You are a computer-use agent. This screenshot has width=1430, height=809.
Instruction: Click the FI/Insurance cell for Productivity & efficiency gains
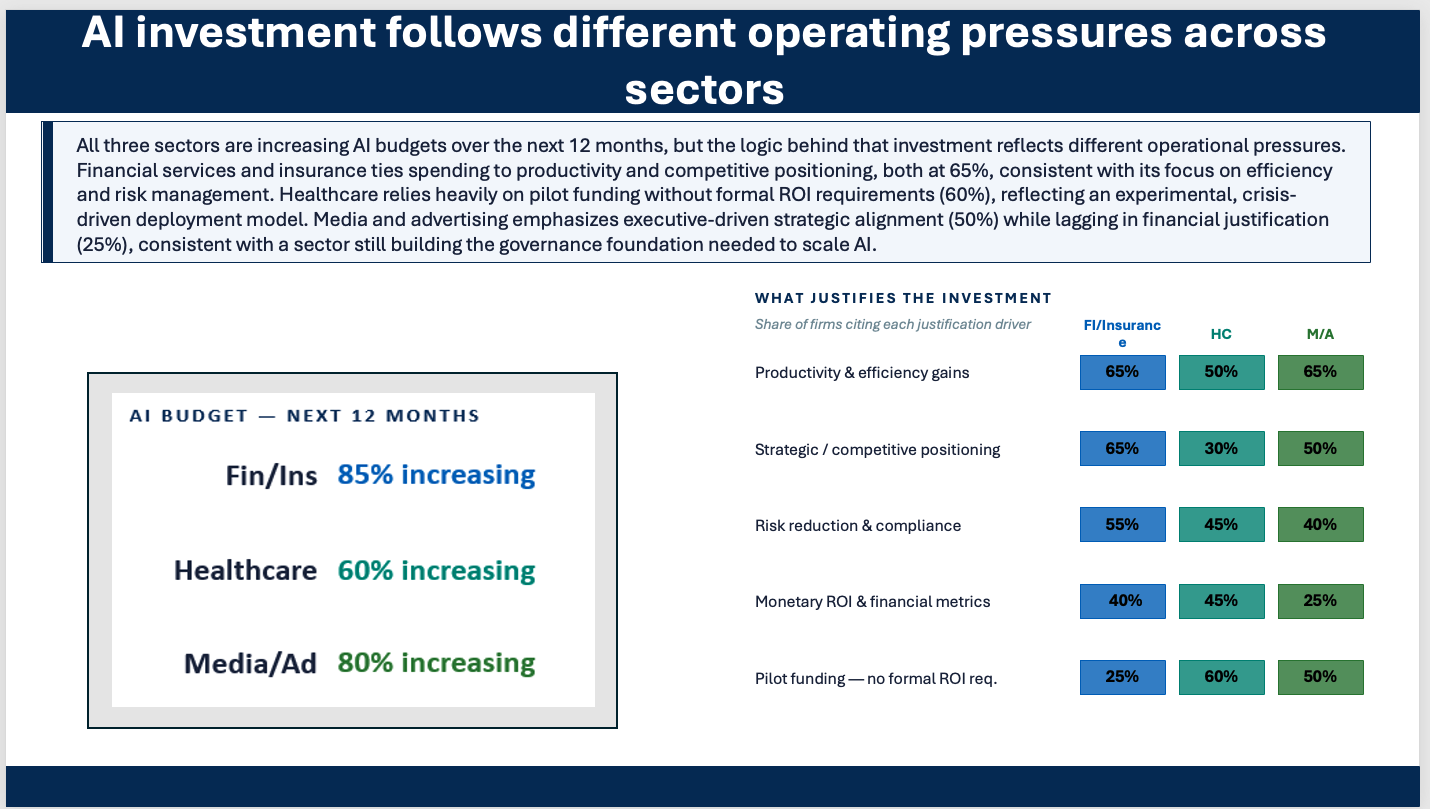click(x=1122, y=372)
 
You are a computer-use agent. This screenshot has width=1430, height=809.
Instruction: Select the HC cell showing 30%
click(x=1221, y=448)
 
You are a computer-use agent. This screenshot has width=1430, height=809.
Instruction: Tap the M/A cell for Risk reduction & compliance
click(x=1320, y=524)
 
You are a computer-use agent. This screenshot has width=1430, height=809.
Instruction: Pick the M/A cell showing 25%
click(x=1320, y=601)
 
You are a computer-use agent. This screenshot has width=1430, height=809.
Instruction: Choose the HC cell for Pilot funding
click(x=1221, y=677)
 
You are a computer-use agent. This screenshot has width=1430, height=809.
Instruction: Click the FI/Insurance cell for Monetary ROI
click(x=1122, y=601)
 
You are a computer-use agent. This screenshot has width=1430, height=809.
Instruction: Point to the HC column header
click(x=1221, y=334)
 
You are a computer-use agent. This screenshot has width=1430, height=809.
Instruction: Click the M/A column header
click(x=1320, y=334)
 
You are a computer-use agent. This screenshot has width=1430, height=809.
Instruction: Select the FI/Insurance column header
click(x=1122, y=333)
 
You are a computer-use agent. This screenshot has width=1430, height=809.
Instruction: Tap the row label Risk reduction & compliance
click(x=857, y=525)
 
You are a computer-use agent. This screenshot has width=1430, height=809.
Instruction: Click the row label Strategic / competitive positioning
click(x=877, y=450)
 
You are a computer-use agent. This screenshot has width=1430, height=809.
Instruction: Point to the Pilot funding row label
click(x=875, y=678)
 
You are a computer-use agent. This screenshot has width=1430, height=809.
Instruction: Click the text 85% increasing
click(x=436, y=475)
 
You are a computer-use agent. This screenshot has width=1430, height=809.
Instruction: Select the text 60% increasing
click(x=436, y=571)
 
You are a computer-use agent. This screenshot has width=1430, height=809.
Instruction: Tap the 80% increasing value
click(x=436, y=663)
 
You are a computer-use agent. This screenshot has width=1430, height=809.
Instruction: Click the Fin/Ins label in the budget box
click(x=271, y=476)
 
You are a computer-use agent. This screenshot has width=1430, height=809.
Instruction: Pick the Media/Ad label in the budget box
click(x=250, y=664)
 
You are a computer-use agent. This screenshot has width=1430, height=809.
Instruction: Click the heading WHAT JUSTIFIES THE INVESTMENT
click(x=903, y=298)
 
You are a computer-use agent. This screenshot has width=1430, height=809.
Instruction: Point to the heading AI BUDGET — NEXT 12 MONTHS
click(x=305, y=416)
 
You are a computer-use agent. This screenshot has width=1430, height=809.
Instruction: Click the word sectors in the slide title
click(x=704, y=89)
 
